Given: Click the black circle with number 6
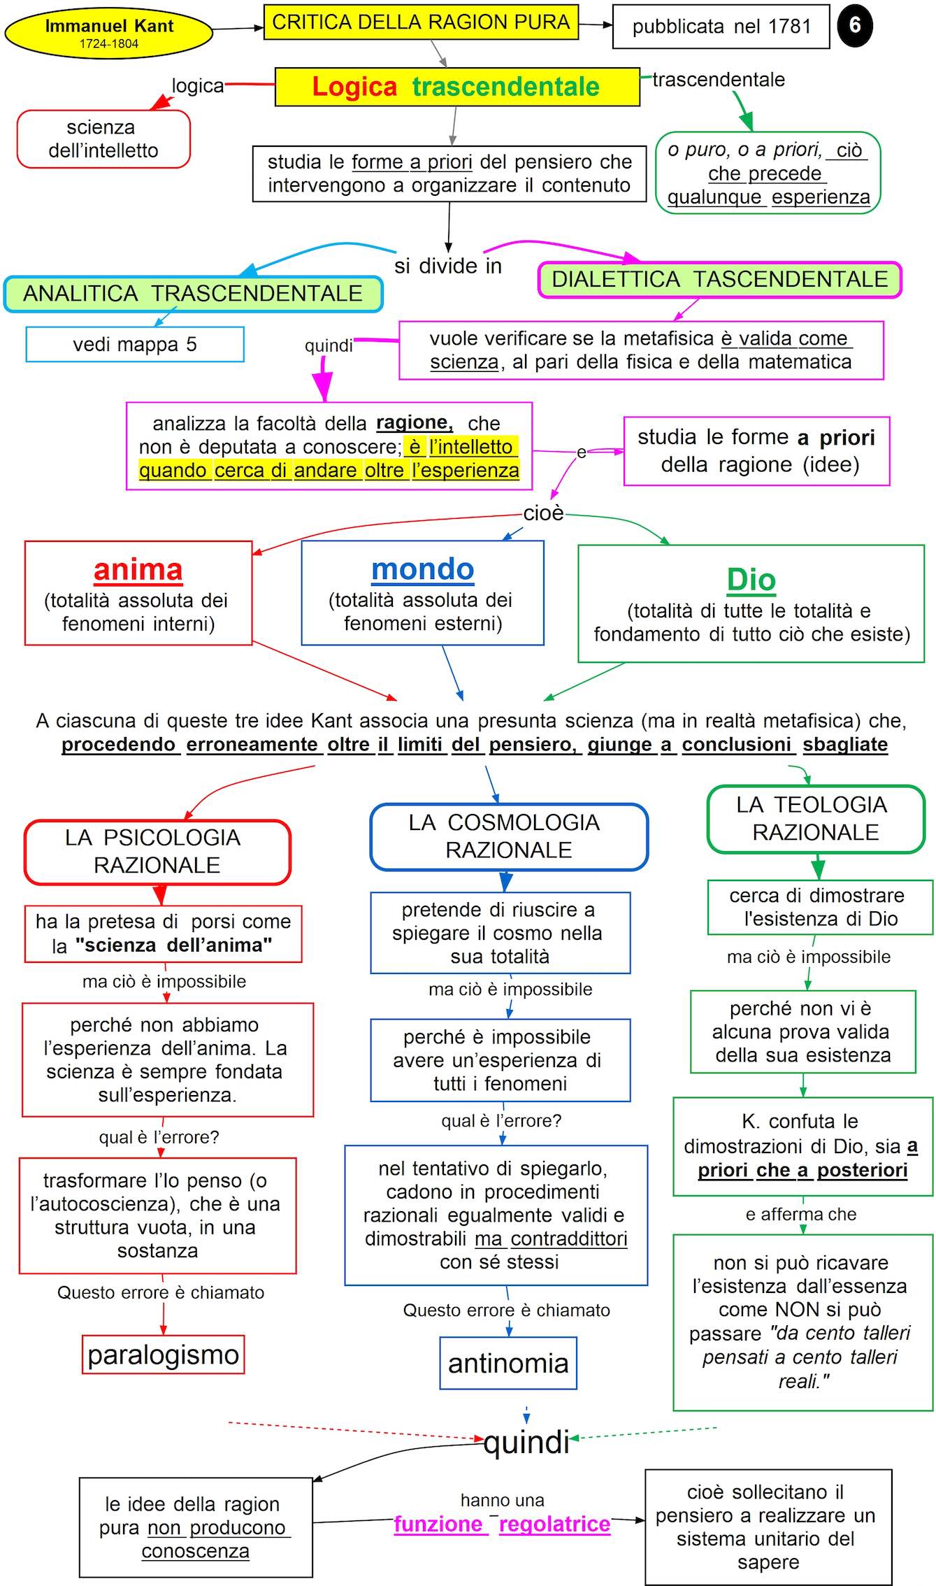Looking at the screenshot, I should [x=854, y=25].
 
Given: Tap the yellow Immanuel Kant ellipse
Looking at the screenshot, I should [x=108, y=33].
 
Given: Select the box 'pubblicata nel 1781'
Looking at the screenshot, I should [x=721, y=27].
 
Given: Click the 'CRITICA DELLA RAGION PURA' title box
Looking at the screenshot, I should [x=421, y=22].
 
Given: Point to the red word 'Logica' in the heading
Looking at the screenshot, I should [x=354, y=87].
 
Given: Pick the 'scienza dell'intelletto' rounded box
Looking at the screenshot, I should [x=103, y=138].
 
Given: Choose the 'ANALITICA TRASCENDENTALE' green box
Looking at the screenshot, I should [x=193, y=294].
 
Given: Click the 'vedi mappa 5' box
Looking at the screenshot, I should [x=135, y=344].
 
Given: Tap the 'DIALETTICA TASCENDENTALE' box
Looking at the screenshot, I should [x=719, y=280].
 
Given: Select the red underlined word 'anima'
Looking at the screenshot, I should [x=138, y=570].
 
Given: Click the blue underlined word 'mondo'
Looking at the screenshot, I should [x=423, y=569].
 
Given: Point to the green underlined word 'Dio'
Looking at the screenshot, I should [x=751, y=580].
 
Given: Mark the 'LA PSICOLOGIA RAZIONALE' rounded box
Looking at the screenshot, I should [x=157, y=852].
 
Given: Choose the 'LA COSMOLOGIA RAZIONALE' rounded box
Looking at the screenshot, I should [x=508, y=836].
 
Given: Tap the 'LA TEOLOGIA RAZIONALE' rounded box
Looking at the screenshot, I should [x=816, y=819].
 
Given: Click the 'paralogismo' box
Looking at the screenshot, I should [x=164, y=1355].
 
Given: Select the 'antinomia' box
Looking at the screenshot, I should [x=508, y=1363].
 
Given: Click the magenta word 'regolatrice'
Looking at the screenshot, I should [x=555, y=1524].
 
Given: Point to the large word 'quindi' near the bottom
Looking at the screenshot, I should [x=526, y=1443].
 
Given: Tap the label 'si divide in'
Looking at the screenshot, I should [x=448, y=266].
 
